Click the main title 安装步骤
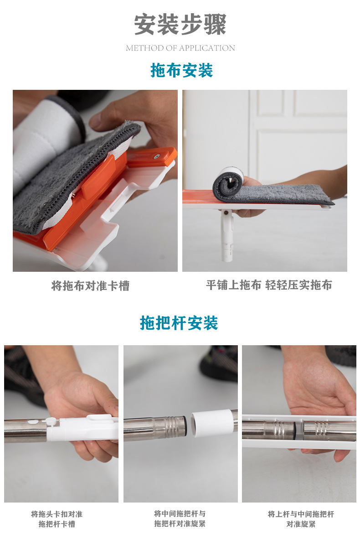[180, 25]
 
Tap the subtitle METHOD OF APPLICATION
[180, 48]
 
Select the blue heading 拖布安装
[181, 71]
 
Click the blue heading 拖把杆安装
[179, 323]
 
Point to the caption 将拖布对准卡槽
[90, 286]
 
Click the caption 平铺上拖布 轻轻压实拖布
[269, 285]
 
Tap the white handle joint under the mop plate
[227, 237]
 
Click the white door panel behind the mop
[296, 137]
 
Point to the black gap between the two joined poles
[298, 431]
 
